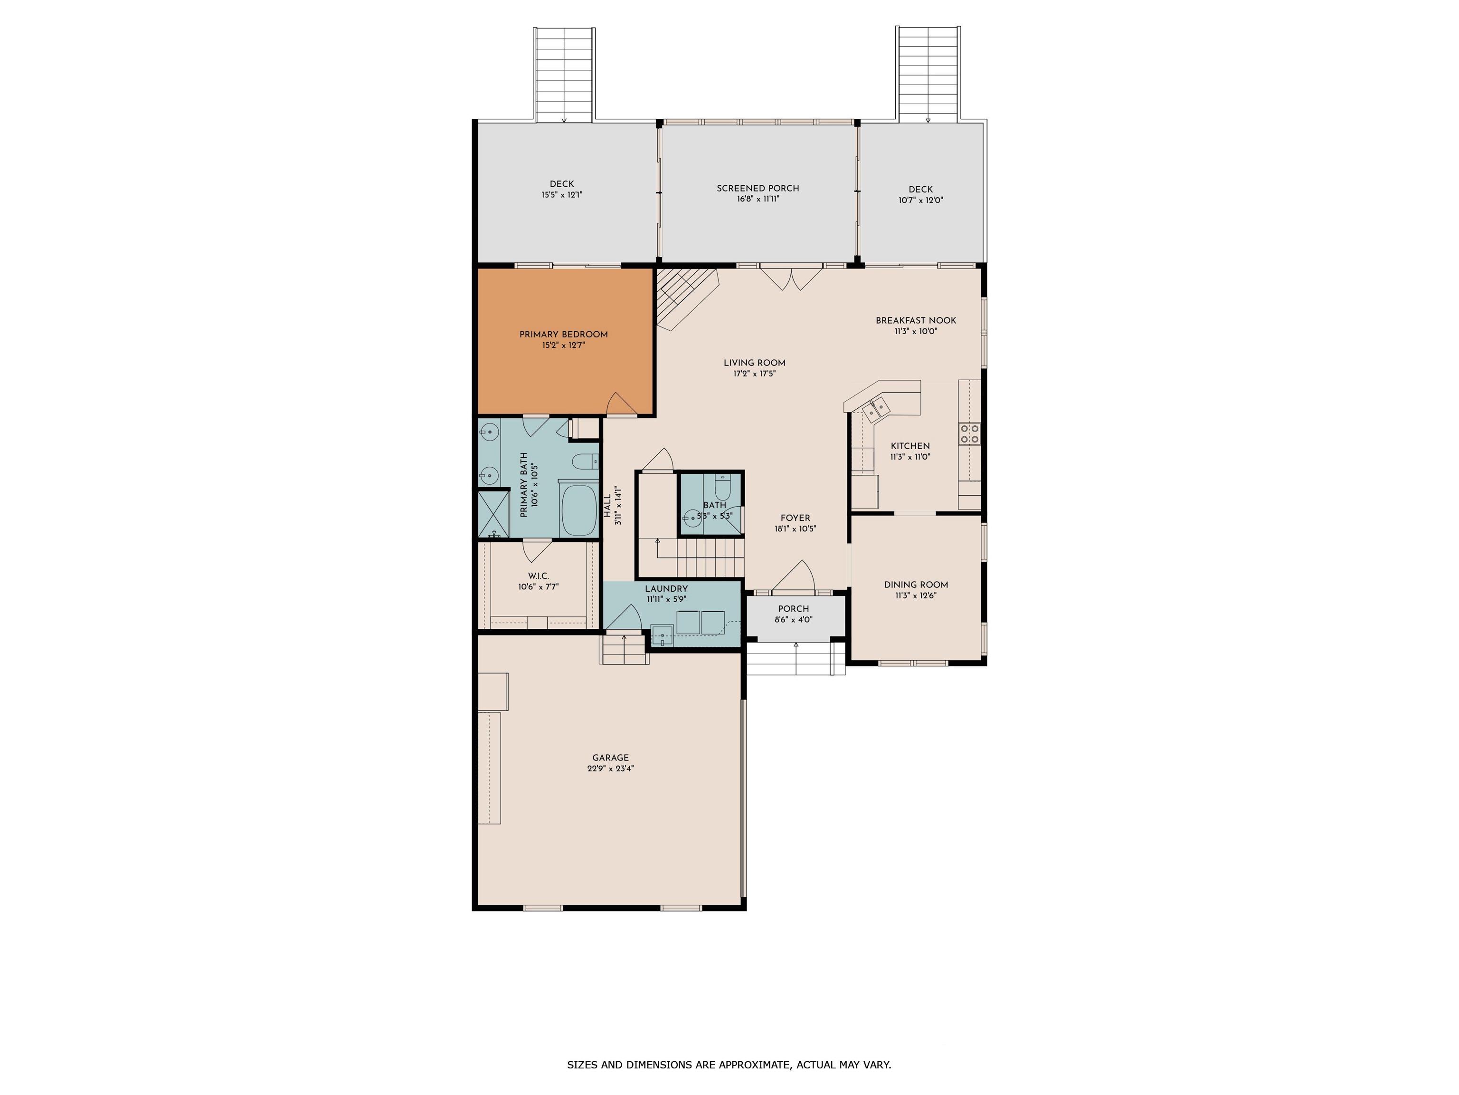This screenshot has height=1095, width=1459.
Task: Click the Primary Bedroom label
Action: [x=563, y=335]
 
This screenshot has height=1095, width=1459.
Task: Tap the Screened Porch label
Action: [x=758, y=188]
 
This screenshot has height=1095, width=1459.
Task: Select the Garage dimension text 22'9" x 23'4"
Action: [x=610, y=768]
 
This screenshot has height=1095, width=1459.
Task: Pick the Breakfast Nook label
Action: [x=916, y=321]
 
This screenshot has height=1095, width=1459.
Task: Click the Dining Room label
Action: [x=916, y=585]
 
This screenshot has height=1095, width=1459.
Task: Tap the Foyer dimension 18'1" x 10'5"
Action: [x=796, y=528]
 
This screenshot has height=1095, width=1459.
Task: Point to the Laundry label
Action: [x=666, y=589]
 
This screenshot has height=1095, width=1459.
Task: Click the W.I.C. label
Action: [x=538, y=576]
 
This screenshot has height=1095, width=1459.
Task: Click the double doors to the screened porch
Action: [x=791, y=277]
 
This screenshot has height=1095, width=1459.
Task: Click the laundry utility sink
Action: [x=662, y=635]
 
